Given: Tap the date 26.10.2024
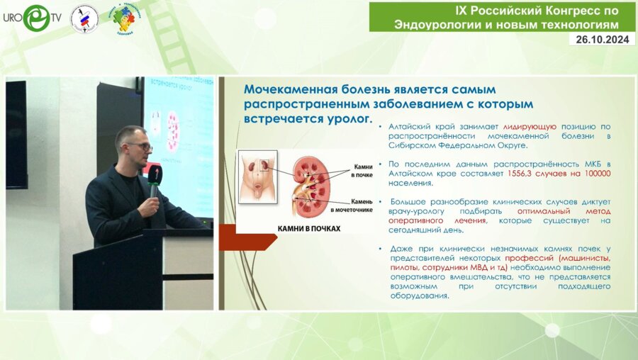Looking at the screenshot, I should click(602, 40).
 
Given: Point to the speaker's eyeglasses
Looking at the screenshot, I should click(140, 147).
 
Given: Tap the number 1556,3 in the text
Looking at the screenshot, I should click(519, 174).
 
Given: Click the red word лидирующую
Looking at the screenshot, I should click(530, 125).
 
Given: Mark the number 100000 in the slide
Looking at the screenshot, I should click(594, 174).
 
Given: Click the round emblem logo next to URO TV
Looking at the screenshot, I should click(84, 18).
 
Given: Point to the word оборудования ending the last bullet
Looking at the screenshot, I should click(419, 296).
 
